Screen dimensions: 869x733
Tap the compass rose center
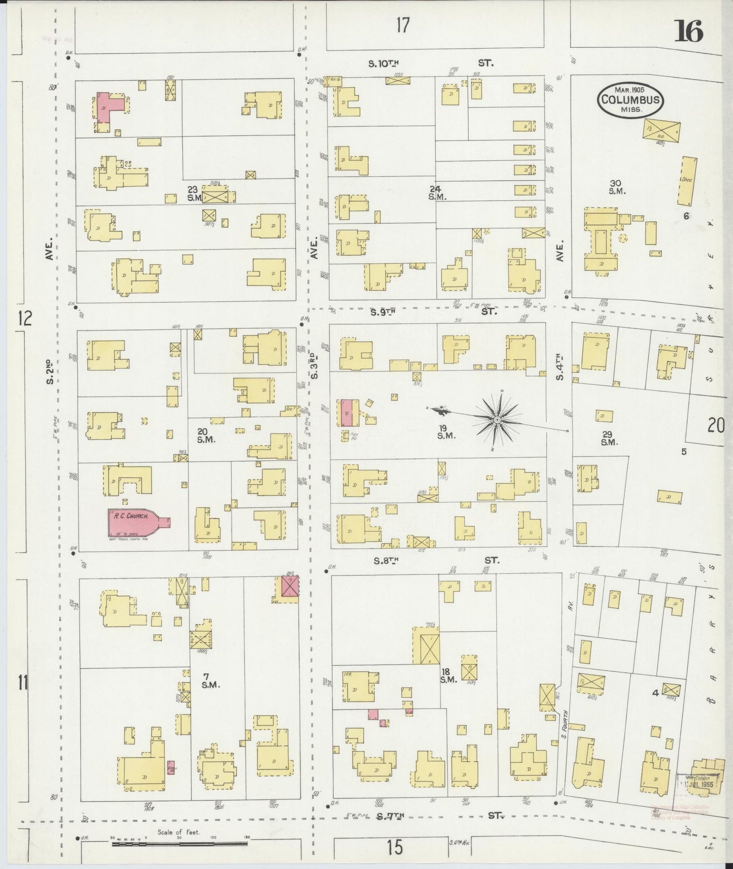click(x=497, y=420)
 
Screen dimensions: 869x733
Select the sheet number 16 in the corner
click(x=688, y=33)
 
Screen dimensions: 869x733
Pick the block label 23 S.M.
click(x=194, y=194)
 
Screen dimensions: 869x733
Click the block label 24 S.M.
click(x=436, y=193)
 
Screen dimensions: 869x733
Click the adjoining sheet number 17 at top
click(x=402, y=25)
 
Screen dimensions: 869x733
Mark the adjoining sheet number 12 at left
click(x=24, y=319)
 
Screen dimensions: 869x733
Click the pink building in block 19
click(x=347, y=412)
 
